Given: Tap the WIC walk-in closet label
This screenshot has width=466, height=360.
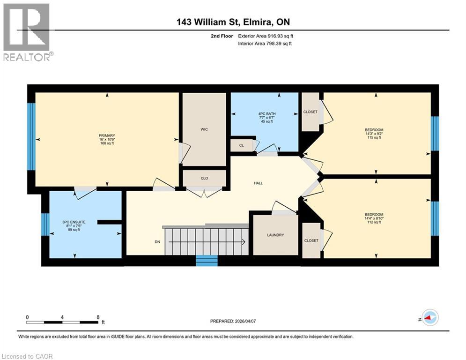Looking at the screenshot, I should [204, 129].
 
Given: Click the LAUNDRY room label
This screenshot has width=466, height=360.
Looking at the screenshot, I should [275, 235].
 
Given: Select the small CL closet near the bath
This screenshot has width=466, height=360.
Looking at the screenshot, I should [241, 145].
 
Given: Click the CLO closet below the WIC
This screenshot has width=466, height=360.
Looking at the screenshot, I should [204, 178].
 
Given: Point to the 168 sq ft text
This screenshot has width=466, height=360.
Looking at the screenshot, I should [107, 143].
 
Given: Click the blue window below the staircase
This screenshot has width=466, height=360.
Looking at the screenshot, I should [207, 261].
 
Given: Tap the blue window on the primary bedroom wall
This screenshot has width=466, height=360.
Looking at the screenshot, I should [31, 136].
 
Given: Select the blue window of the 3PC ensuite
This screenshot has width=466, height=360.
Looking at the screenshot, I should [45, 225].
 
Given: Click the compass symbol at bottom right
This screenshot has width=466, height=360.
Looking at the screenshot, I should [429, 318].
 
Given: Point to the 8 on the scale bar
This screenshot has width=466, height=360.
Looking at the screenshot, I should [97, 317].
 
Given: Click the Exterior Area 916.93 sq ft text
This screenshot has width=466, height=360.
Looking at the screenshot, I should [266, 36].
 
